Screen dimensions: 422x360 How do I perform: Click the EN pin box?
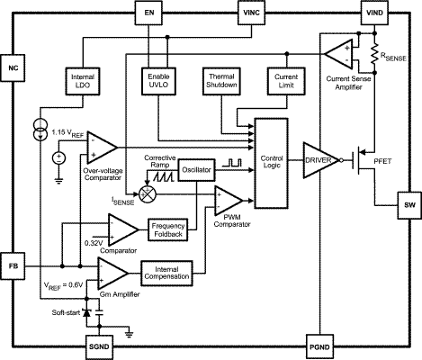[148, 13]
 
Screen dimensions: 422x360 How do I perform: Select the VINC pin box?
[251, 13]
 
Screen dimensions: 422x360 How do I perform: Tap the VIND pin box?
[374, 13]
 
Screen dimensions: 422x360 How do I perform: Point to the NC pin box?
[13, 68]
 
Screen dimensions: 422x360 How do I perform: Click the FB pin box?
[13, 266]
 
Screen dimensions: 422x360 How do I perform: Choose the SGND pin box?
[99, 347]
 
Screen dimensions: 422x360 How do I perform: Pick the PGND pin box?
[319, 347]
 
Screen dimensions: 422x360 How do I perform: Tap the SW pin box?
[409, 205]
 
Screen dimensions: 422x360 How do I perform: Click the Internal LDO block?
[83, 81]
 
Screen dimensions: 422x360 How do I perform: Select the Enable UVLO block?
[158, 81]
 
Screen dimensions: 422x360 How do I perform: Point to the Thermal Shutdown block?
[221, 81]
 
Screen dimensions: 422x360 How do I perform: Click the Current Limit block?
[286, 81]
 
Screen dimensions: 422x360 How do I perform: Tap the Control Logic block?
[272, 163]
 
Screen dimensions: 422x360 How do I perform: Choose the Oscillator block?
[196, 170]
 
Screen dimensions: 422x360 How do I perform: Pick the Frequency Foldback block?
[168, 229]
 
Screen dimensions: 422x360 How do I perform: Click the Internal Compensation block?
[166, 273]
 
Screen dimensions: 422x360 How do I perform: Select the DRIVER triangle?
[321, 160]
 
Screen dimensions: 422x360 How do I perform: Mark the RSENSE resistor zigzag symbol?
[374, 54]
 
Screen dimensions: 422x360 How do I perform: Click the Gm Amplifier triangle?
[112, 273]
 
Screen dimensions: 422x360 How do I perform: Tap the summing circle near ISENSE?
[148, 193]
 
